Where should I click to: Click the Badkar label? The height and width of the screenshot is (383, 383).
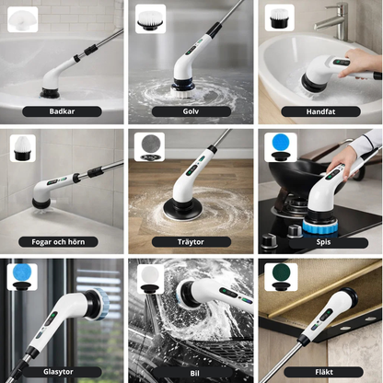[x=62, y=111]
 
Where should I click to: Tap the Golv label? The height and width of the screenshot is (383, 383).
[x=191, y=111]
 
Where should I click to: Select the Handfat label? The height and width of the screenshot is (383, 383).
[x=320, y=111]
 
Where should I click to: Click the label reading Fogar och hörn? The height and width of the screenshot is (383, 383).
[x=58, y=242]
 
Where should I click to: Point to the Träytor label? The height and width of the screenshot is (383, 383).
[x=191, y=242]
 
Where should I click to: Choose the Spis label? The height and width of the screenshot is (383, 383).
[x=323, y=242]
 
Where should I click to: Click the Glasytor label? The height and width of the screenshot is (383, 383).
[x=58, y=372]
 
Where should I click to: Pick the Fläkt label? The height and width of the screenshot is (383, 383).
[x=324, y=372]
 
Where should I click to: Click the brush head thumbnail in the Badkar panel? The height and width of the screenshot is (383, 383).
[x=22, y=19]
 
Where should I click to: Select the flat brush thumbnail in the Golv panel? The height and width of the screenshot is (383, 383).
[x=151, y=18]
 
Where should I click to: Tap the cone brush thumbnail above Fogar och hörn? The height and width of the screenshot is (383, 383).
[x=23, y=148]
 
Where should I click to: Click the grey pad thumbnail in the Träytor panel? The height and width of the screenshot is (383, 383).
[x=149, y=146]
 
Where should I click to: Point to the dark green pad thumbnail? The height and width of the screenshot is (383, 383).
[x=281, y=277]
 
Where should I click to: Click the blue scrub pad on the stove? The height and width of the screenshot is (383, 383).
[x=320, y=226]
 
